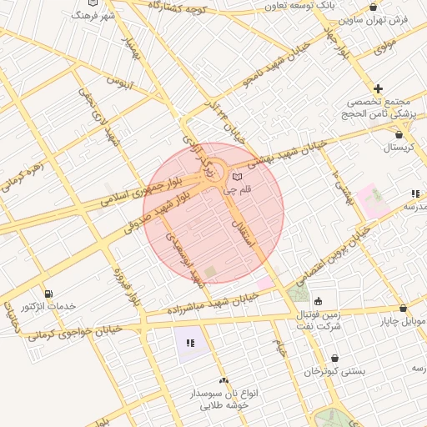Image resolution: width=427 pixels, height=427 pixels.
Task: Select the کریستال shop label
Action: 403,148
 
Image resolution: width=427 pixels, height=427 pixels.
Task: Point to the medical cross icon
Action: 378,88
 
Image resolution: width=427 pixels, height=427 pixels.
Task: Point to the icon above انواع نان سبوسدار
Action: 222,380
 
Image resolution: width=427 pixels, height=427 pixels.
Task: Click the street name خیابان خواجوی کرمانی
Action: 75,333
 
